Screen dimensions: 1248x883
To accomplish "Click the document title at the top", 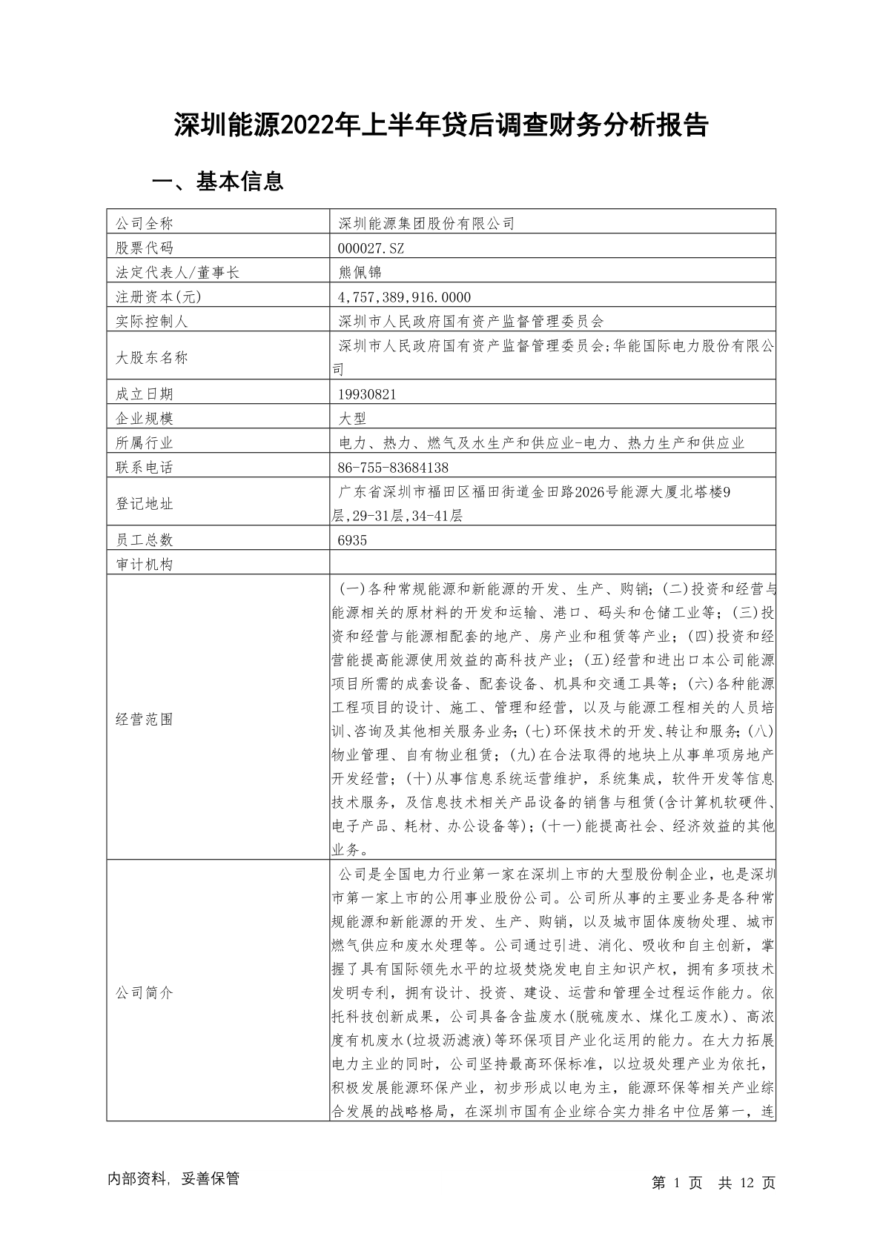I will (x=441, y=125).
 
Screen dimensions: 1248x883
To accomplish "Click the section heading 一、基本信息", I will (x=217, y=182).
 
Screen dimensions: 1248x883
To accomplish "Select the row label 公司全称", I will (x=144, y=223).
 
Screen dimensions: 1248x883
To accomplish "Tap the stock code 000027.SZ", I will (x=371, y=248).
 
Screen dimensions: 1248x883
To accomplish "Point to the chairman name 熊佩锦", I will (x=360, y=272).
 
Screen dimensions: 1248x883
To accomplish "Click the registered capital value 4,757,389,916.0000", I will (x=404, y=296).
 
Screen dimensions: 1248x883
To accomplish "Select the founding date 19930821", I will (x=366, y=394).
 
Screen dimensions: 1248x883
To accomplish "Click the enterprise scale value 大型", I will (x=352, y=419).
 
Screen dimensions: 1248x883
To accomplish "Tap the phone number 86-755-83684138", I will (x=393, y=468).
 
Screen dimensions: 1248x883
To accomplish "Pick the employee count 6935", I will (x=352, y=540).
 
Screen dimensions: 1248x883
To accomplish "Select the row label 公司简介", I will (x=144, y=992).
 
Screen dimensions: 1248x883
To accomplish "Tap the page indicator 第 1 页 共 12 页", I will (x=713, y=1183).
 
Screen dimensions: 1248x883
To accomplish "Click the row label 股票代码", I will (x=144, y=248).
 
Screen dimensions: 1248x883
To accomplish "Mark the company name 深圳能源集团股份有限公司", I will (x=426, y=223).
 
